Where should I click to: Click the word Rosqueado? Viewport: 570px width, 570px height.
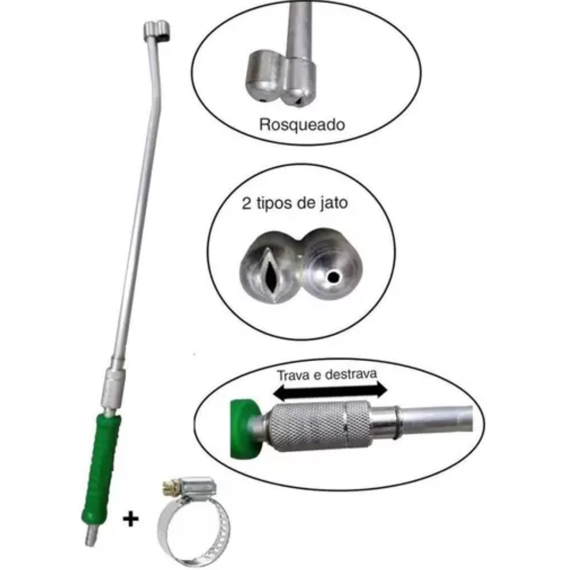(302, 125)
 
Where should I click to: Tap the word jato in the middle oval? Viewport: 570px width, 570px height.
(334, 203)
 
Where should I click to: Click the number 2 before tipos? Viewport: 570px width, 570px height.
(246, 203)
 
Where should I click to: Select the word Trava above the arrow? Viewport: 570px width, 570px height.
(294, 375)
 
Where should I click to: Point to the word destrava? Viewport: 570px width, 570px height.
(351, 374)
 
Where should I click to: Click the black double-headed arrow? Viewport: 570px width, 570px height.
(330, 391)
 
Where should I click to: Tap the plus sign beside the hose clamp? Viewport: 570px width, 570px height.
(131, 519)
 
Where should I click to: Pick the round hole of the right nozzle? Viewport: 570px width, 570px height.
(333, 278)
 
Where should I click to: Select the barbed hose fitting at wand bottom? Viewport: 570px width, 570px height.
(91, 534)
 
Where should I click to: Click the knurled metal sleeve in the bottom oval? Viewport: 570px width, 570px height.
(319, 426)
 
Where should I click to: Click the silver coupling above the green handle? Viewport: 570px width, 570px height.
(113, 388)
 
